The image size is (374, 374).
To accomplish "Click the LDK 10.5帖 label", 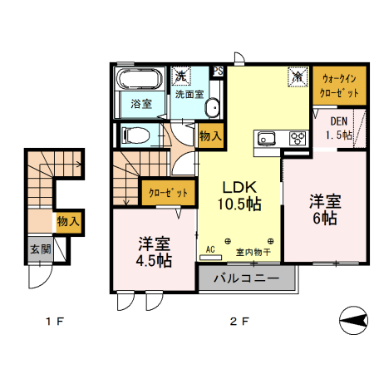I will tap(241, 194).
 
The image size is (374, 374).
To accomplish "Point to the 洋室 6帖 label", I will tap(324, 209).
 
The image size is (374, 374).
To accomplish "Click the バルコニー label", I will tap(247, 278).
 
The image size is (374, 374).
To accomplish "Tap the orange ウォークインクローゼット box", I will tap(338, 84).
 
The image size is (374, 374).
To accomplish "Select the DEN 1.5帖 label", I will tap(338, 127).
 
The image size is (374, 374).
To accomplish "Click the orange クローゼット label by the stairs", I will tap(167, 193).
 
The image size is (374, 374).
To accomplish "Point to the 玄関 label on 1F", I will tap(39, 249).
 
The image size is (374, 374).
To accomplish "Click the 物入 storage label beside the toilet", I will tap(209, 135).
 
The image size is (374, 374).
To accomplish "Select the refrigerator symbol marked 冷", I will tap(298, 75).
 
